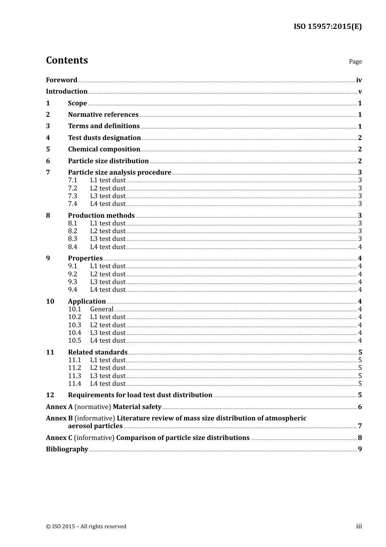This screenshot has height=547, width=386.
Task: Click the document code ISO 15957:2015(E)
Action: [327, 27]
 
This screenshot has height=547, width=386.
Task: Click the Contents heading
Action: [67, 60]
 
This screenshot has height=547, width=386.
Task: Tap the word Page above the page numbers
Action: [355, 61]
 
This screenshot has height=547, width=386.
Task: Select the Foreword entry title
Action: [61, 80]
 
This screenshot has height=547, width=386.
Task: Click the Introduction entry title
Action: [67, 92]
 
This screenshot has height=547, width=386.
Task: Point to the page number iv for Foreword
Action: [359, 80]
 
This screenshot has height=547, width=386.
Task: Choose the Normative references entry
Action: [103, 115]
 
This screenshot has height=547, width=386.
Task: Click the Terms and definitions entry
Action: [104, 126]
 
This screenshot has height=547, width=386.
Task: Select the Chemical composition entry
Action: [104, 149]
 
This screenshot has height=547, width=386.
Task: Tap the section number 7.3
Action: [72, 196]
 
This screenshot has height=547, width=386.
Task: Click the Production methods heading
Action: [101, 216]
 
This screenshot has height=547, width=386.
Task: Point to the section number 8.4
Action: [72, 247]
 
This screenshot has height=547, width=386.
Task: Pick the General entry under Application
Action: [102, 309]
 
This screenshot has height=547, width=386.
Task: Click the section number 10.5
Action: [74, 341]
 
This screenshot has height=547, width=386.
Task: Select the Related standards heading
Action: [98, 352]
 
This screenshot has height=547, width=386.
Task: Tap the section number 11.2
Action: [74, 368]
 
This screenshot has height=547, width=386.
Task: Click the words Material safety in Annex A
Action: [137, 407]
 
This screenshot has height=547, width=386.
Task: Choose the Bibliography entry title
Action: [67, 449]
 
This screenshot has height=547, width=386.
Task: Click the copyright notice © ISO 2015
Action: [86, 527]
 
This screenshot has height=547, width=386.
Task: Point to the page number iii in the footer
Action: [359, 526]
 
